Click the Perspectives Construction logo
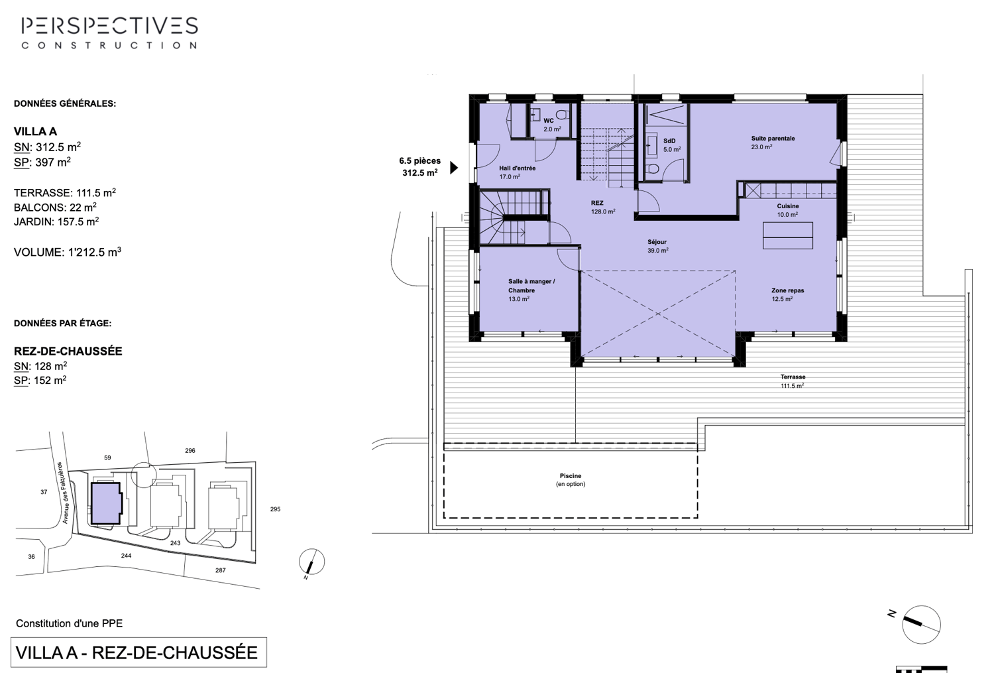[x=109, y=32]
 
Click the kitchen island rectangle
[x=787, y=235]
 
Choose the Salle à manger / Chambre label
[x=531, y=286]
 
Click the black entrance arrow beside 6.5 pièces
[x=454, y=167]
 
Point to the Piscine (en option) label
[x=571, y=479]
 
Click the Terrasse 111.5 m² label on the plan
[x=793, y=381]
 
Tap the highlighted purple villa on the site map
[x=105, y=503]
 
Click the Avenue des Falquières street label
[x=63, y=493]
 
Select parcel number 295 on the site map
[x=275, y=509]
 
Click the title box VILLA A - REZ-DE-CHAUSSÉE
[x=138, y=652]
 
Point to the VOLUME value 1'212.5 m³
[x=68, y=253]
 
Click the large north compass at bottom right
[x=920, y=624]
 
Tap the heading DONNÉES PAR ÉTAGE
[x=62, y=324]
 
